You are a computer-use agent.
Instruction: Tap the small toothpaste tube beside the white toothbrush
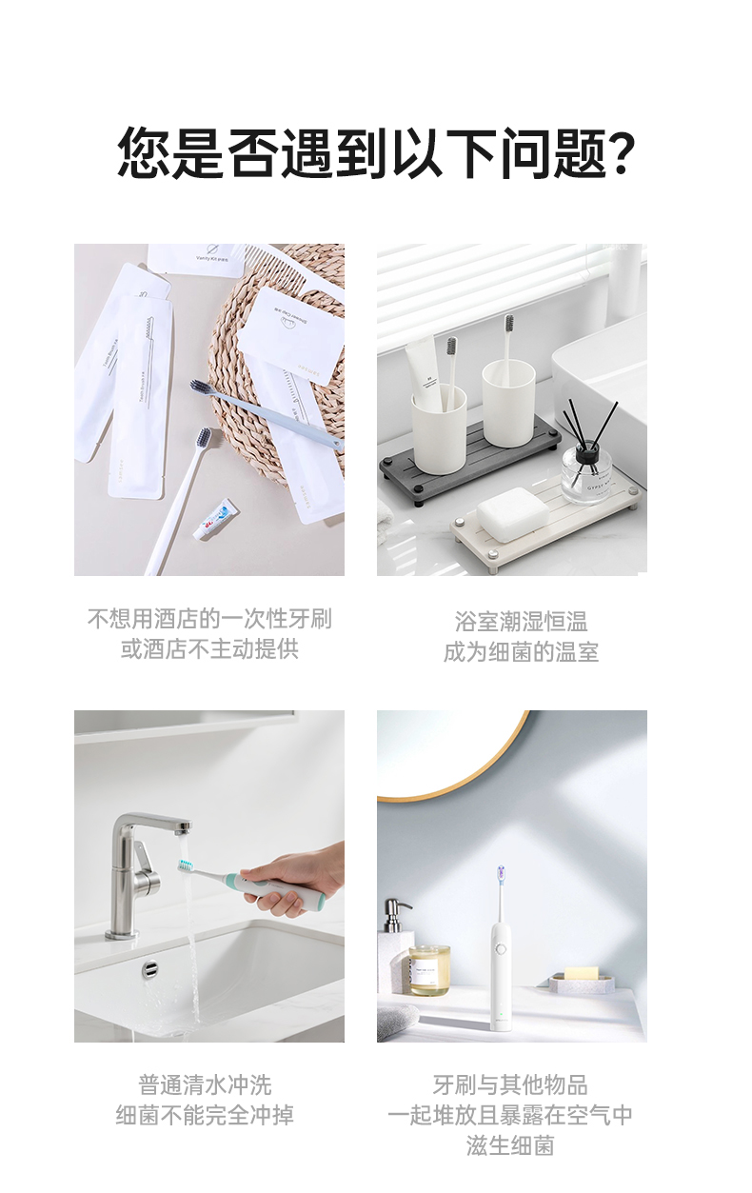pyautogui.click(x=216, y=519)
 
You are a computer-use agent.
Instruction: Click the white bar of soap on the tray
pyautogui.click(x=512, y=507)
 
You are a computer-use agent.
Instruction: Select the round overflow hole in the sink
pyautogui.click(x=150, y=969)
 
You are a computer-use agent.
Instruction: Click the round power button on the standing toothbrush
pyautogui.click(x=500, y=948)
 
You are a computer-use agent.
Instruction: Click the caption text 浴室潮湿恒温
pyautogui.click(x=521, y=622)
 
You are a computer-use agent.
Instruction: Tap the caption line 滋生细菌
pyautogui.click(x=510, y=1145)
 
